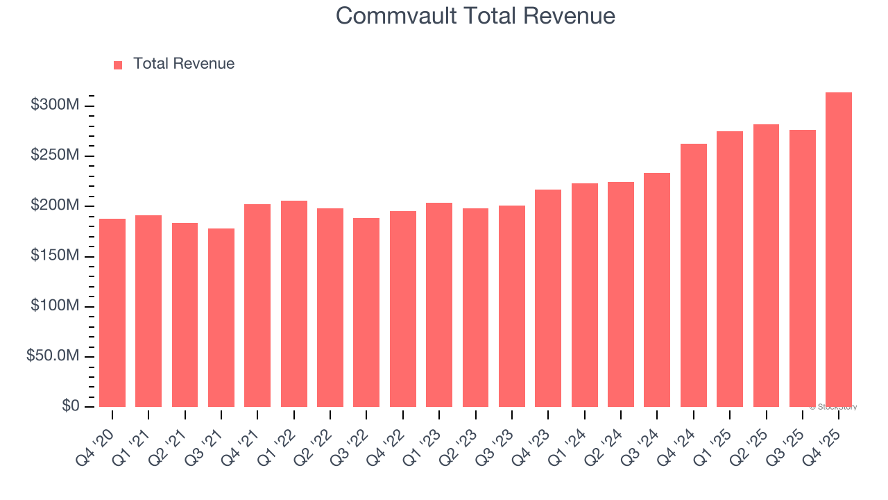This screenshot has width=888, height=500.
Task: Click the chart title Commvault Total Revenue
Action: tap(475, 15)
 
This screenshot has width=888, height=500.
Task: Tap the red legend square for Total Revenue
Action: tap(118, 65)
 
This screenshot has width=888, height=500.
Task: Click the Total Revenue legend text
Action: tap(184, 64)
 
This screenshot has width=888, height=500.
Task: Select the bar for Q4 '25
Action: tap(839, 250)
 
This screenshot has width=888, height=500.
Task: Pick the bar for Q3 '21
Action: tap(221, 317)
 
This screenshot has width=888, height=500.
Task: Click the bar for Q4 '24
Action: tap(694, 275)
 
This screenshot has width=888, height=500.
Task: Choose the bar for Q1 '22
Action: tap(294, 303)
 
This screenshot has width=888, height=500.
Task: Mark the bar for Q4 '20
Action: tap(112, 312)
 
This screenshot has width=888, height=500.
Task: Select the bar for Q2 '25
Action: tap(766, 265)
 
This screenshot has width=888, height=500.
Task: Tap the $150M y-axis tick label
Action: tap(55, 256)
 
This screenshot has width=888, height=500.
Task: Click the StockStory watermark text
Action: tap(833, 407)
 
